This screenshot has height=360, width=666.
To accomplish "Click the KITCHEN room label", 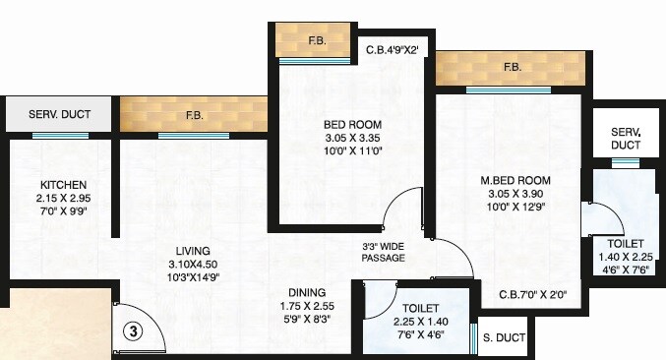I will pyautogui.click(x=63, y=185).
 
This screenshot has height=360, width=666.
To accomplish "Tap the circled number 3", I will pyautogui.click(x=136, y=331).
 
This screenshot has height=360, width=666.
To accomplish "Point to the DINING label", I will pyautogui.click(x=307, y=292).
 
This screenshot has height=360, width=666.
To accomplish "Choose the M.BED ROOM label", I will pyautogui.click(x=515, y=181).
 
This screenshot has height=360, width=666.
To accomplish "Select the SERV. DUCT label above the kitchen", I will pyautogui.click(x=61, y=115).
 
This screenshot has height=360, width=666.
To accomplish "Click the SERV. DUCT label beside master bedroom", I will pyautogui.click(x=626, y=138).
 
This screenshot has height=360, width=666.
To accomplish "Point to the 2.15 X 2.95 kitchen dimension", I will pyautogui.click(x=63, y=199).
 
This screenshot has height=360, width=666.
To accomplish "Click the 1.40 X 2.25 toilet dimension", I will pyautogui.click(x=626, y=255).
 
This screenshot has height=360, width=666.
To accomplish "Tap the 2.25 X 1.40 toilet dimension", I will pyautogui.click(x=420, y=321).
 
